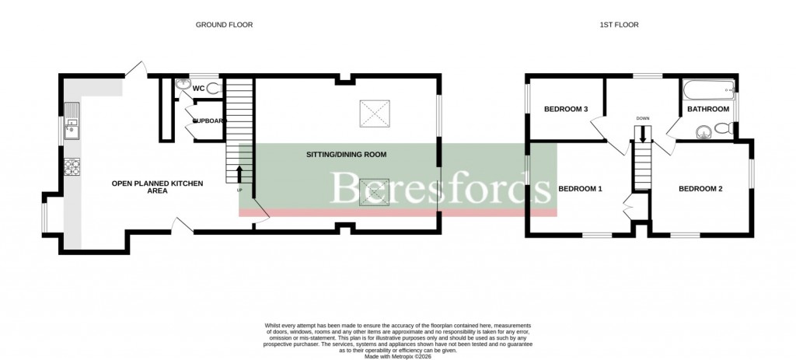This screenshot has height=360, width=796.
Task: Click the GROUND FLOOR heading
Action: (224, 25)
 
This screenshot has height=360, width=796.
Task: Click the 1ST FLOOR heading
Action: (619, 25)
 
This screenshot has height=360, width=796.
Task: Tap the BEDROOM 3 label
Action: (565, 109)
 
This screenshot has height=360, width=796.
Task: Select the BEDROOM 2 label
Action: (700, 189)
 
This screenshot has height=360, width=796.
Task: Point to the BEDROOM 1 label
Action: (581, 189)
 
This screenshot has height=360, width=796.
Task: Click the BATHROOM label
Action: (707, 109)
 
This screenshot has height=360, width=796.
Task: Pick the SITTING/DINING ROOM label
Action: (346, 155)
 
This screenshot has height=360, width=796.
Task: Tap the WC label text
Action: (198, 89)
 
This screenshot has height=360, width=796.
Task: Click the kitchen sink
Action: (72, 126)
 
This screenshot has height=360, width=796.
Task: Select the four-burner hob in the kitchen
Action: (72, 166)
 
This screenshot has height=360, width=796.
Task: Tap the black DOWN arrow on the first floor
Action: (642, 133)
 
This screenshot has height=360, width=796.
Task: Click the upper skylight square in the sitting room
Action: (372, 114)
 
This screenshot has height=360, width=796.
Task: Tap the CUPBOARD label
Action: (208, 121)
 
